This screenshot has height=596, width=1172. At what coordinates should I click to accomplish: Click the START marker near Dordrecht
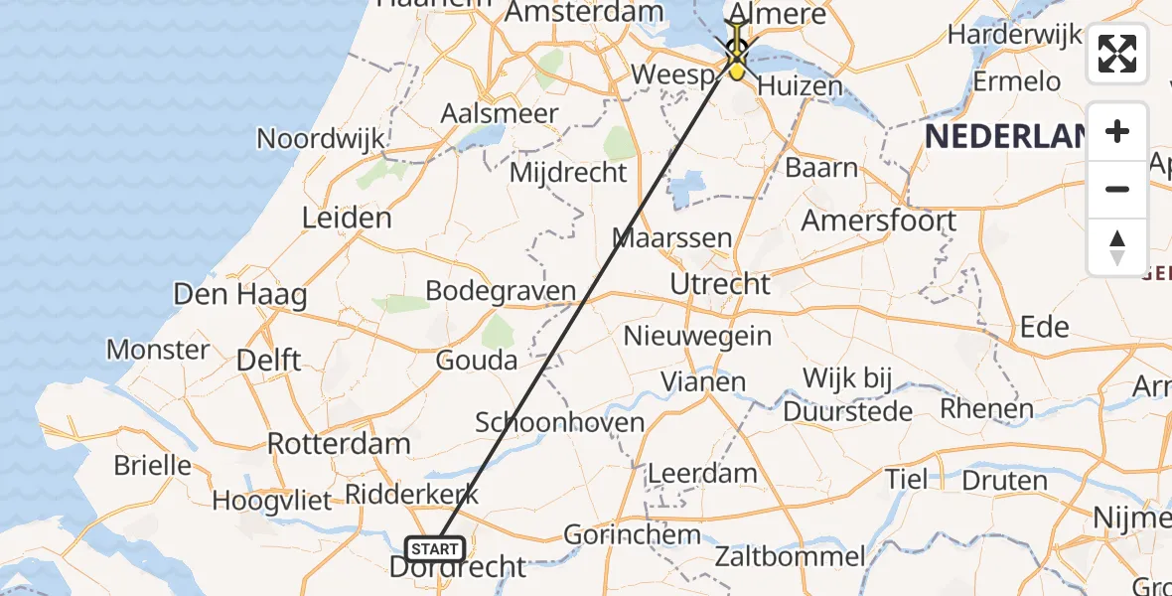(x=435, y=548)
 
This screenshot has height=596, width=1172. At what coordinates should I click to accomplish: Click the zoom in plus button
(x=1117, y=131)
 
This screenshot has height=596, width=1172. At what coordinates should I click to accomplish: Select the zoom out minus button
(x=1117, y=189)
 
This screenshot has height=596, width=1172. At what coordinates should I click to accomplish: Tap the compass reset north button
(x=1117, y=247)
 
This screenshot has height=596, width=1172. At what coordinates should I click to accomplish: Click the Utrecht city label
(x=720, y=284)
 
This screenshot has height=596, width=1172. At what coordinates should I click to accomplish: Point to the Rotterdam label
(x=339, y=443)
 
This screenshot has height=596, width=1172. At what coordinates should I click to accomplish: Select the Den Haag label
(x=239, y=294)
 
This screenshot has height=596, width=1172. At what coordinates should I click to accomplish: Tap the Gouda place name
(x=477, y=360)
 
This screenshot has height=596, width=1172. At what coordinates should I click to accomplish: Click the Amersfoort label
(x=879, y=220)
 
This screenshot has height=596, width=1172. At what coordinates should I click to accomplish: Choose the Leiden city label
(x=347, y=218)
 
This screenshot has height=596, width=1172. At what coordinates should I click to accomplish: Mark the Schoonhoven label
(x=560, y=421)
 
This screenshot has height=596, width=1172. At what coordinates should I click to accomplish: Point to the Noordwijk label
(x=321, y=138)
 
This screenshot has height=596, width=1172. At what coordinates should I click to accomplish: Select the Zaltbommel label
(x=790, y=556)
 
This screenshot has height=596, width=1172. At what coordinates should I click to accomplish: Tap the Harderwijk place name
(x=1014, y=35)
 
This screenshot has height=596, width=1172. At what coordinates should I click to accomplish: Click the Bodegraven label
(x=501, y=291)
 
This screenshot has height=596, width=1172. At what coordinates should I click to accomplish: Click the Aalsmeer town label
(x=500, y=113)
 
